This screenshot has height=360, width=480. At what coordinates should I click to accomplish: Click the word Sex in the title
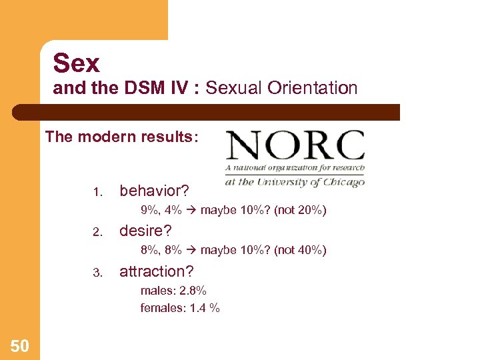pyautogui.click(x=77, y=63)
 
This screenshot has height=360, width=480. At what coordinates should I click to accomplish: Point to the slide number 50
pyautogui.click(x=20, y=345)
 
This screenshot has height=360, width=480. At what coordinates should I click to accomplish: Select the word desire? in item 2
pyautogui.click(x=145, y=231)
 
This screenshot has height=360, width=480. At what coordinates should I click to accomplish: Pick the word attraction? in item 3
pyautogui.click(x=156, y=271)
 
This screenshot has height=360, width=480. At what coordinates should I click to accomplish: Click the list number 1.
pyautogui.click(x=97, y=193)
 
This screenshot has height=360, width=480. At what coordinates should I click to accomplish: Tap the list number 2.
pyautogui.click(x=97, y=233)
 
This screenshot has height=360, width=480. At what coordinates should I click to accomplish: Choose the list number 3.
pyautogui.click(x=97, y=273)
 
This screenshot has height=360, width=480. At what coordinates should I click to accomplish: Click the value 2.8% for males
pyautogui.click(x=192, y=291)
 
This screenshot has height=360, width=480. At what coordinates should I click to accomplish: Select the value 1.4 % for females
pyautogui.click(x=205, y=308)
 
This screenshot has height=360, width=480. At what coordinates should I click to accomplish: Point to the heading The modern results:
pyautogui.click(x=121, y=137)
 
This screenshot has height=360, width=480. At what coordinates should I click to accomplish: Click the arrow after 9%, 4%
pyautogui.click(x=191, y=211)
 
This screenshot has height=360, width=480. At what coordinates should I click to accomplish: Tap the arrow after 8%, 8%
pyautogui.click(x=191, y=251)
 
